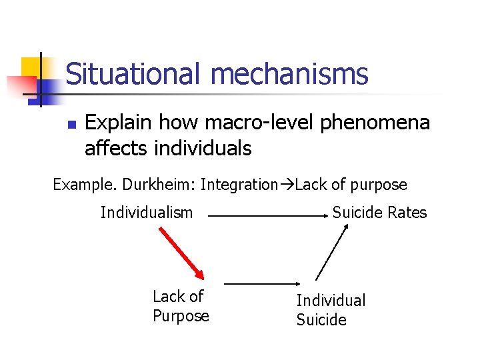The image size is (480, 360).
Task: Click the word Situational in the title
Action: pyautogui.click(x=131, y=74)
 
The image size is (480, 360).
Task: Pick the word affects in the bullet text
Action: pyautogui.click(x=117, y=147)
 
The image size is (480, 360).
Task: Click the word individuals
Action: pyautogui.click(x=203, y=147)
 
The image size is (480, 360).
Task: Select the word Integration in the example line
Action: pyautogui.click(x=239, y=184)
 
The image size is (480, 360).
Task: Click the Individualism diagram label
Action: pyautogui.click(x=147, y=213)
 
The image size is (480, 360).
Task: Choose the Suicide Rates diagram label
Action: pyautogui.click(x=379, y=213)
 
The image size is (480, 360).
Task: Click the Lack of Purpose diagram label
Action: pyautogui.click(x=180, y=306)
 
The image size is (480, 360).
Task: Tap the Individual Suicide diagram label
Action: pyautogui.click(x=331, y=310)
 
